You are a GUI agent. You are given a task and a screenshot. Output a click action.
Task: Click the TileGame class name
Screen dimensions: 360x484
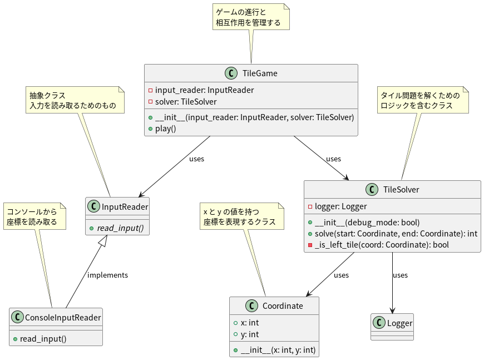[x=259, y=73]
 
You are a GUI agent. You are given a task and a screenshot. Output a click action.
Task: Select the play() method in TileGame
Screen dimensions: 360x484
[x=165, y=129]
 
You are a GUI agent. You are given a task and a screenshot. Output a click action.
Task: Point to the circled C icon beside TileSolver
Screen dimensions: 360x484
[x=372, y=190]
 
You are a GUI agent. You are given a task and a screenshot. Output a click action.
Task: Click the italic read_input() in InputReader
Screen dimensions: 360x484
[x=122, y=228]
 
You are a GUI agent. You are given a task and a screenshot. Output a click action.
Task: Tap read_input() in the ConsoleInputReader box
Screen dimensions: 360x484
[x=43, y=339]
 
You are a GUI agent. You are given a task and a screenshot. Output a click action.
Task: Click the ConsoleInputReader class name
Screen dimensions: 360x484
[x=63, y=318]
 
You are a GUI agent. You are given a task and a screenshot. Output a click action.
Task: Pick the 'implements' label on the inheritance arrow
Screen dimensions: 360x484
[x=107, y=275]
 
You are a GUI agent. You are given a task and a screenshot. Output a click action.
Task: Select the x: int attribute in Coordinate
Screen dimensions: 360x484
[x=249, y=323]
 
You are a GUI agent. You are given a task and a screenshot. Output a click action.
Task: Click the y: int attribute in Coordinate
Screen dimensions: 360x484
[x=249, y=334]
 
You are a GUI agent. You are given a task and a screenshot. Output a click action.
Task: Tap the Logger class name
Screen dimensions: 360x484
[x=399, y=323]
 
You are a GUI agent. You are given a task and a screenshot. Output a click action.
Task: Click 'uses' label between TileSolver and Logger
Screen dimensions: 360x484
[x=400, y=275]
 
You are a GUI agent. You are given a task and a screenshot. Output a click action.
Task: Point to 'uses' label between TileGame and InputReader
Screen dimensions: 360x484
[x=196, y=159]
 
